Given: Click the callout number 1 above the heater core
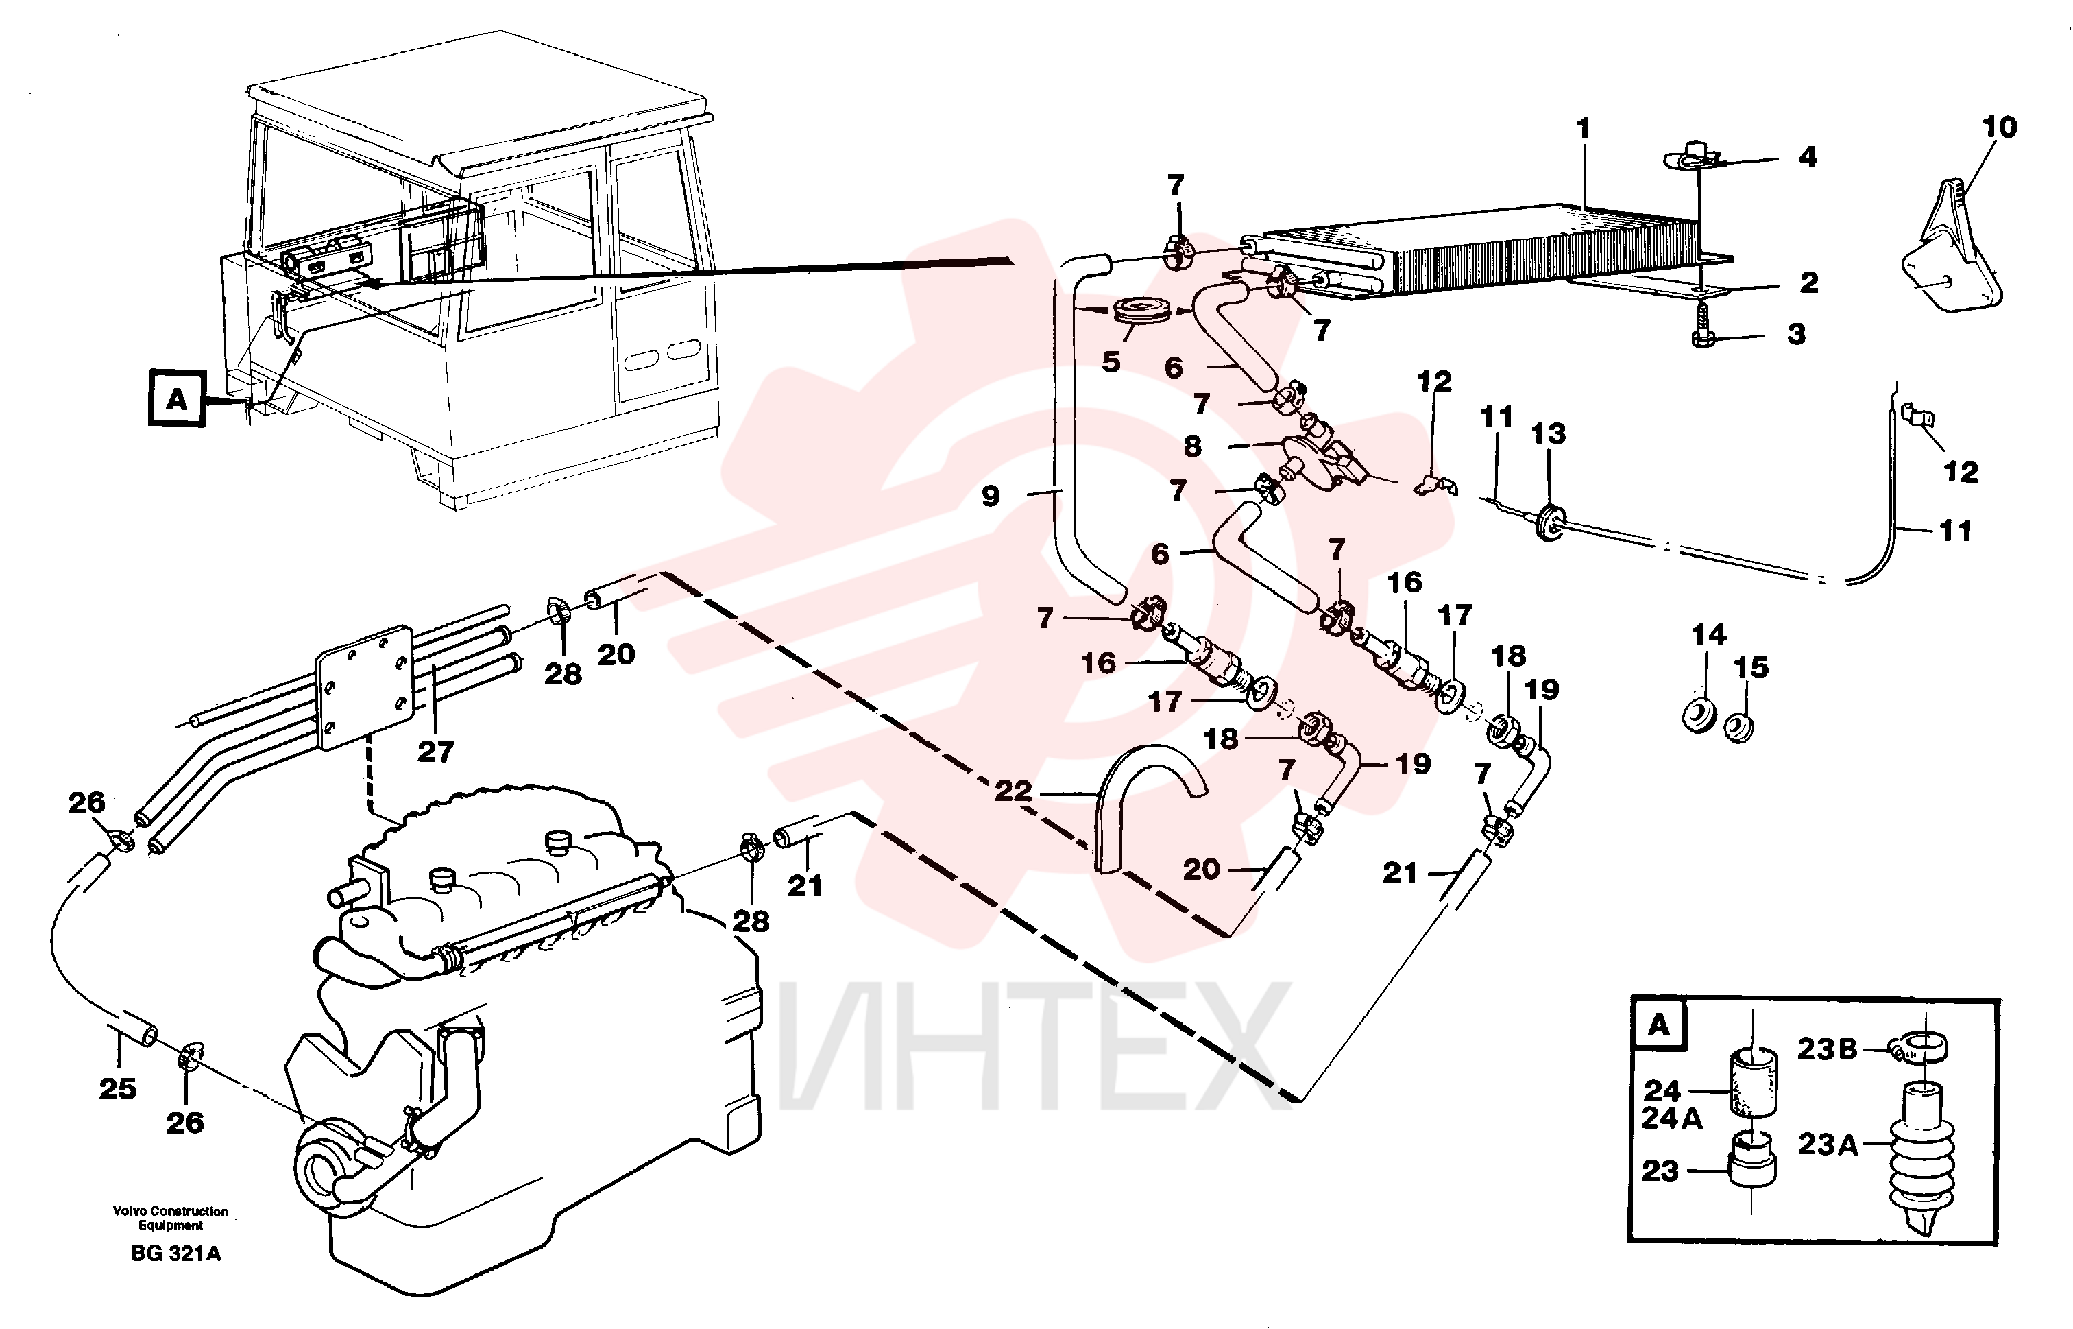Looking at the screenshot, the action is [1583, 129].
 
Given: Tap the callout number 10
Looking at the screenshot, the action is [2000, 127].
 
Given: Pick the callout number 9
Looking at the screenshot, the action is [991, 496].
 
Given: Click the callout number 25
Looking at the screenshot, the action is [117, 1089].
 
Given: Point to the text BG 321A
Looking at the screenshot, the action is [176, 1254].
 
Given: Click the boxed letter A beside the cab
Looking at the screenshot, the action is [177, 398].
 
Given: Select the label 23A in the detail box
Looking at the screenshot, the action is [1826, 1145].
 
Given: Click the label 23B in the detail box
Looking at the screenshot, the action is [1826, 1049].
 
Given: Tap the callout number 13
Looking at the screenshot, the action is [1548, 434].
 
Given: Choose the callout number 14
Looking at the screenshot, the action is [1708, 636].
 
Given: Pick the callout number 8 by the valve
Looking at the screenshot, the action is [1192, 446].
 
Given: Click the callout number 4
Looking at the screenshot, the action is [1807, 157].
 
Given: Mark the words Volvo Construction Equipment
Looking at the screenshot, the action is [171, 1219].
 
